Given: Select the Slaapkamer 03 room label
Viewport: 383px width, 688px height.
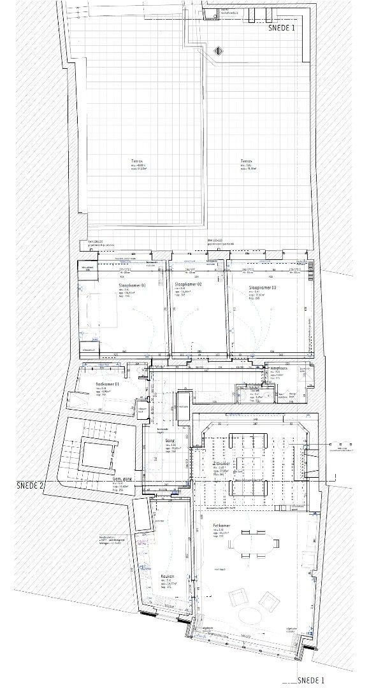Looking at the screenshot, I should click(x=263, y=288).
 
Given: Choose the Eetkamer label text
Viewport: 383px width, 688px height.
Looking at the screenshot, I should click(x=222, y=526).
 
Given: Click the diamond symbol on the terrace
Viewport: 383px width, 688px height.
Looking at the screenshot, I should click(x=218, y=50).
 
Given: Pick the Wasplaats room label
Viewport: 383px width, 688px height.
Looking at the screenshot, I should click(x=278, y=369).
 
